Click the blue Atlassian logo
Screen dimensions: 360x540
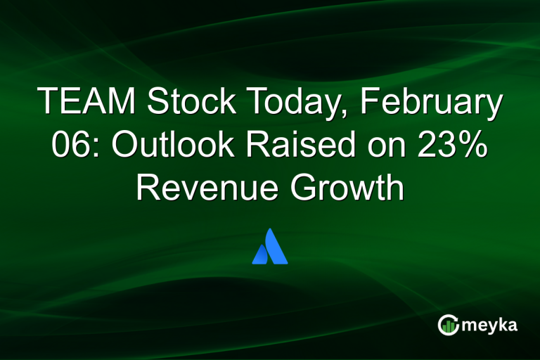click(x=270, y=246)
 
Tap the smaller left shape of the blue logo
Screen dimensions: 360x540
click(x=261, y=254)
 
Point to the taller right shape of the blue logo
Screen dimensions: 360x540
click(x=276, y=246)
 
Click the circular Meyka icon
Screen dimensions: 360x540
click(x=448, y=325)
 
